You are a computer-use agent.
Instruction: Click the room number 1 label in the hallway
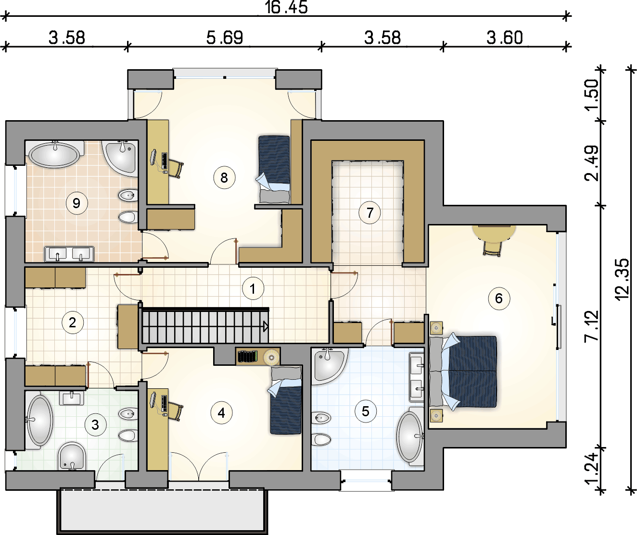coord(253,288)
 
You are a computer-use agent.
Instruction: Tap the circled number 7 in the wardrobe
coord(370,212)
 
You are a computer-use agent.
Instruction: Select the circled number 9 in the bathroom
coord(76,203)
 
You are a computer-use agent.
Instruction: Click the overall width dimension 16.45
coord(286,7)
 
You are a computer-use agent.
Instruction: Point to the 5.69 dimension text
coord(225,38)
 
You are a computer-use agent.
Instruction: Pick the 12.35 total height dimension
coord(622,280)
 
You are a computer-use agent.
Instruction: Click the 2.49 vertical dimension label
coord(592,163)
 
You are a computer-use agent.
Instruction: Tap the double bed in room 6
coord(463,371)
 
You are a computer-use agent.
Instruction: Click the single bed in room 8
coord(274,169)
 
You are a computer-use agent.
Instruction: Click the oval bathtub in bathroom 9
coord(54,154)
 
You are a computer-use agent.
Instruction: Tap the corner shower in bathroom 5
coord(329,364)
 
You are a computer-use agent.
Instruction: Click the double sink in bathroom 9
coord(69,254)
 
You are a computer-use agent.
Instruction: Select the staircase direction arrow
coord(266,327)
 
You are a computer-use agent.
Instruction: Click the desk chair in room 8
coord(176,168)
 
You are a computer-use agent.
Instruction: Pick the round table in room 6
coord(494,234)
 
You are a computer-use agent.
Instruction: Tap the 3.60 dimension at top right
coord(505,38)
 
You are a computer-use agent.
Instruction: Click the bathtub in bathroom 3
coord(39,421)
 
